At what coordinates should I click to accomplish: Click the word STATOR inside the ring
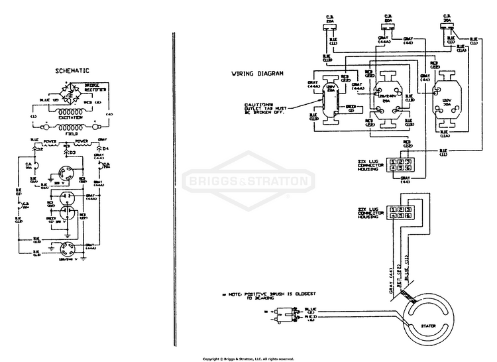428,326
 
